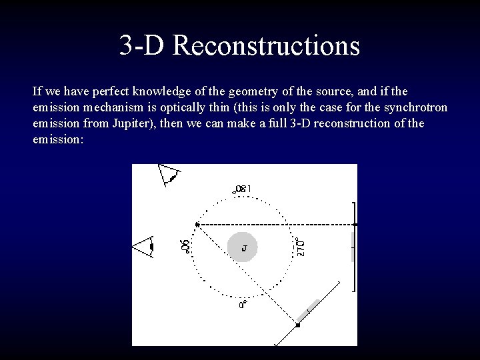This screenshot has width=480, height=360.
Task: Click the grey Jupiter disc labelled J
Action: pyautogui.click(x=243, y=247)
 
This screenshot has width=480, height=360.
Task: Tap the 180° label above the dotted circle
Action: pyautogui.click(x=241, y=189)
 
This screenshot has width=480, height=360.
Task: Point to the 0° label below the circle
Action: pyautogui.click(x=243, y=304)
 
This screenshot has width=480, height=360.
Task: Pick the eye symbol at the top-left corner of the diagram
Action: pyautogui.click(x=168, y=175)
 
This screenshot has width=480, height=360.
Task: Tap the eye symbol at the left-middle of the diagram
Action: pyautogui.click(x=144, y=247)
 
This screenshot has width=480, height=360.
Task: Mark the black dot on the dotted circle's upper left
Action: pyautogui.click(x=197, y=225)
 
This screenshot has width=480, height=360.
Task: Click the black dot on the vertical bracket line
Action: pyautogui.click(x=355, y=225)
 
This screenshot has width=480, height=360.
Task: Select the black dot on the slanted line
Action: pyautogui.click(x=298, y=325)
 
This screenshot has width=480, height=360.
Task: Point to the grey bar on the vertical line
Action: pyautogui.click(x=353, y=247)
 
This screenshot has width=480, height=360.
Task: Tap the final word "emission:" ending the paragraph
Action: pyautogui.click(x=57, y=141)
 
